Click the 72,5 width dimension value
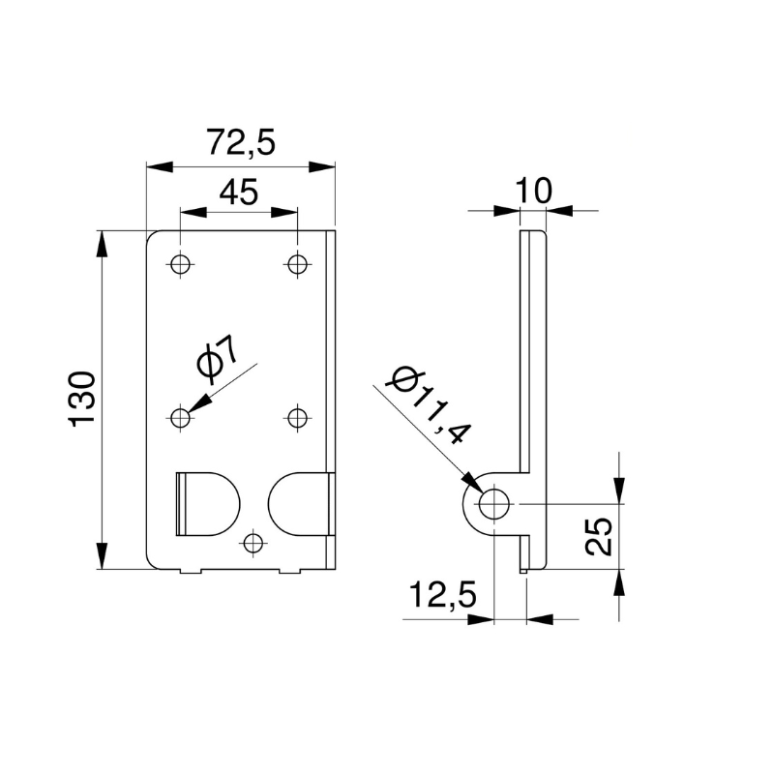click(x=241, y=143)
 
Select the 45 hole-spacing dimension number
click(x=238, y=193)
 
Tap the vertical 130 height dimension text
click(x=83, y=399)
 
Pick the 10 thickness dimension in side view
click(x=533, y=191)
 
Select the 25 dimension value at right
click(x=601, y=535)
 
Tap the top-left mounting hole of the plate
click(x=180, y=263)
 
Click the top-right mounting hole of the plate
click(x=297, y=263)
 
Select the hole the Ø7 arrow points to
click(x=180, y=417)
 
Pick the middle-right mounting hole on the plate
click(x=297, y=417)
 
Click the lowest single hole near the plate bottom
click(x=253, y=543)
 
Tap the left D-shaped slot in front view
click(x=206, y=502)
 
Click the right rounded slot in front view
click(x=300, y=503)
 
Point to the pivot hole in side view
click(x=494, y=504)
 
